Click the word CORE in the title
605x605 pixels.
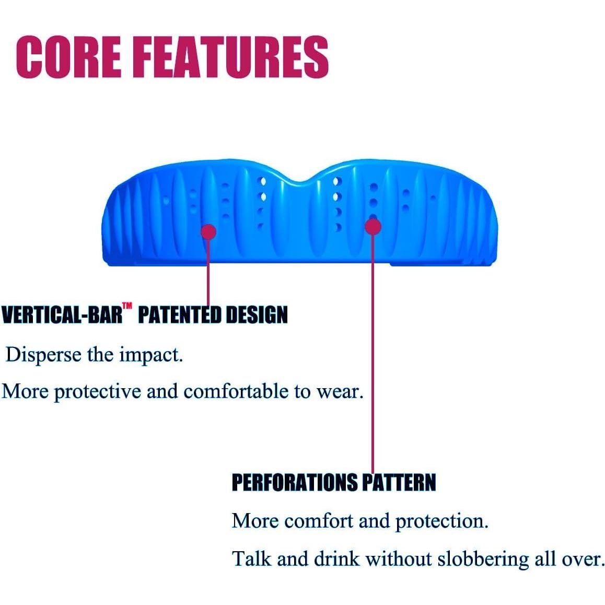68,57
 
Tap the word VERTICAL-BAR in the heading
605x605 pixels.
62,315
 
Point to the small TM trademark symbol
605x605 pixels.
127,306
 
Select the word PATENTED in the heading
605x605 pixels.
179,315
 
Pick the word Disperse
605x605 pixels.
43,355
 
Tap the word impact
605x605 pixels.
151,355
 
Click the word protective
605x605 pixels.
97,392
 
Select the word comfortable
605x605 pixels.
236,391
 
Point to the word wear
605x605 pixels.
340,392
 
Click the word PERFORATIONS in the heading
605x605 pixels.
295,482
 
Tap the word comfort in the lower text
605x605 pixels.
319,521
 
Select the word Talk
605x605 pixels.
252,559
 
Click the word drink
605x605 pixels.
336,559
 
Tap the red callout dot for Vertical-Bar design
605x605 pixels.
209,231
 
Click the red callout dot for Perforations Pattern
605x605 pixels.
373,227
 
